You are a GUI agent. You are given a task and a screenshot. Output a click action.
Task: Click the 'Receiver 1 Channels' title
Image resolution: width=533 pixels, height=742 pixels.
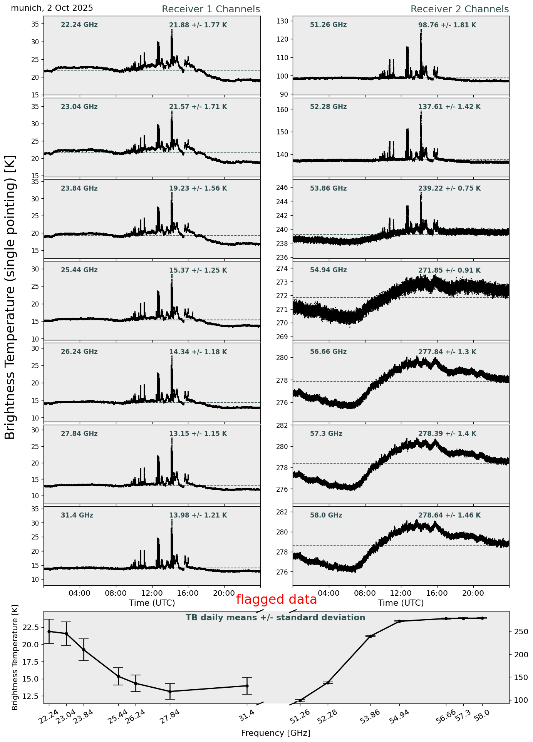[211, 9]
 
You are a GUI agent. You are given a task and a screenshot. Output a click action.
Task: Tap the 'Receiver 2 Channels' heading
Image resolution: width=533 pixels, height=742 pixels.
[459, 9]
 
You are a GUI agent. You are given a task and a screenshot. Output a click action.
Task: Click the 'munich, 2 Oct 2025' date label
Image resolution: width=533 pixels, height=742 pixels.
[52, 8]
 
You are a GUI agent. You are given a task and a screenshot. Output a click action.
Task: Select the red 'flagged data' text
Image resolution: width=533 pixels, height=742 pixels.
[276, 600]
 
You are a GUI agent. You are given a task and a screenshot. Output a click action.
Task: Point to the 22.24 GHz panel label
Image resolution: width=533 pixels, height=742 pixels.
[79, 25]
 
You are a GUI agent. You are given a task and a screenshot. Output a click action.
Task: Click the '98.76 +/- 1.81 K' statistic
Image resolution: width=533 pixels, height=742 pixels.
[447, 25]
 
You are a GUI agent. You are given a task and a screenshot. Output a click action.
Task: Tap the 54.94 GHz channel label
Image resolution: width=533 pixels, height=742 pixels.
[328, 270]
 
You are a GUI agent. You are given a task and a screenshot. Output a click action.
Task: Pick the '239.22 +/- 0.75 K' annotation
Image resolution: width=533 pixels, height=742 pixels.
[449, 189]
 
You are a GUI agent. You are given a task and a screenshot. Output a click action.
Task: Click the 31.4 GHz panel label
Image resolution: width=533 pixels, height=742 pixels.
[77, 515]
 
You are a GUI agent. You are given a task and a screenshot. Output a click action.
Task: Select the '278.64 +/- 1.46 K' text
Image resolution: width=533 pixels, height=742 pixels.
[449, 515]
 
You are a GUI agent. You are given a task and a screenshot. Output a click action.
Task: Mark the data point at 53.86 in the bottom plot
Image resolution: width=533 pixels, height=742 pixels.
[370, 636]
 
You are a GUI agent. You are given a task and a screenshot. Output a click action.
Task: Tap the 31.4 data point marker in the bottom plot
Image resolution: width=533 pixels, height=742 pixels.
[247, 686]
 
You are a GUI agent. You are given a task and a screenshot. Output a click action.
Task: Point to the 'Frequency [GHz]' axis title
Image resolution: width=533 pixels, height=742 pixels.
[276, 733]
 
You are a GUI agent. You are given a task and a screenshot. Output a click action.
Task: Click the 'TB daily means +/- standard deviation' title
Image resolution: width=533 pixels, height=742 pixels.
[275, 618]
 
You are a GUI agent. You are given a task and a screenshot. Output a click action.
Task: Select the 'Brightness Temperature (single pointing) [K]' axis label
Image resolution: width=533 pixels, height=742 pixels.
[10, 297]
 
